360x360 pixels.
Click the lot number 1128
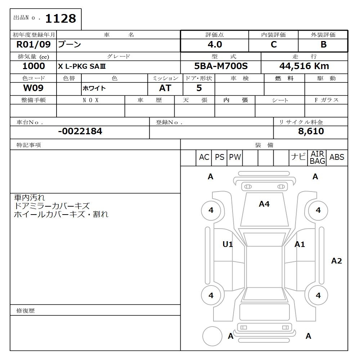click(x=60, y=18)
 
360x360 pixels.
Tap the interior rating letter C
click(x=274, y=45)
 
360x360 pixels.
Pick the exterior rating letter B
click(x=323, y=45)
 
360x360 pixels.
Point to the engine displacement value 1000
click(x=33, y=66)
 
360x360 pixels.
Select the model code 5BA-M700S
click(x=221, y=66)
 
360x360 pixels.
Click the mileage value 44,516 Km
click(x=304, y=66)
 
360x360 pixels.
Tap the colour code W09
click(x=33, y=88)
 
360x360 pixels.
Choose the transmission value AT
click(x=165, y=88)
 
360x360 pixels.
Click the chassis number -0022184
click(x=80, y=131)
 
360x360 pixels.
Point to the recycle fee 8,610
click(x=311, y=131)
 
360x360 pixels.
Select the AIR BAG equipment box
click(x=318, y=158)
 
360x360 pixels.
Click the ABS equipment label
click(x=337, y=157)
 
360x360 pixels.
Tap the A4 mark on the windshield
click(x=264, y=204)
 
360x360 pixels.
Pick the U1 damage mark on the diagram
click(x=228, y=244)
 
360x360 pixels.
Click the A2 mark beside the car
click(x=337, y=261)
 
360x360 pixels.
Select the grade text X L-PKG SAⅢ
click(x=82, y=67)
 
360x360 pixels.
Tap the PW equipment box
click(x=235, y=157)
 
